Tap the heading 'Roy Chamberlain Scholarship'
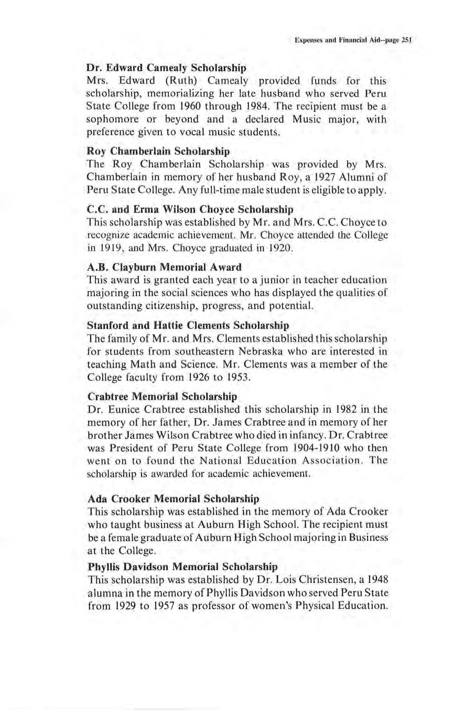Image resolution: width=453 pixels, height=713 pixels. [158, 151]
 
